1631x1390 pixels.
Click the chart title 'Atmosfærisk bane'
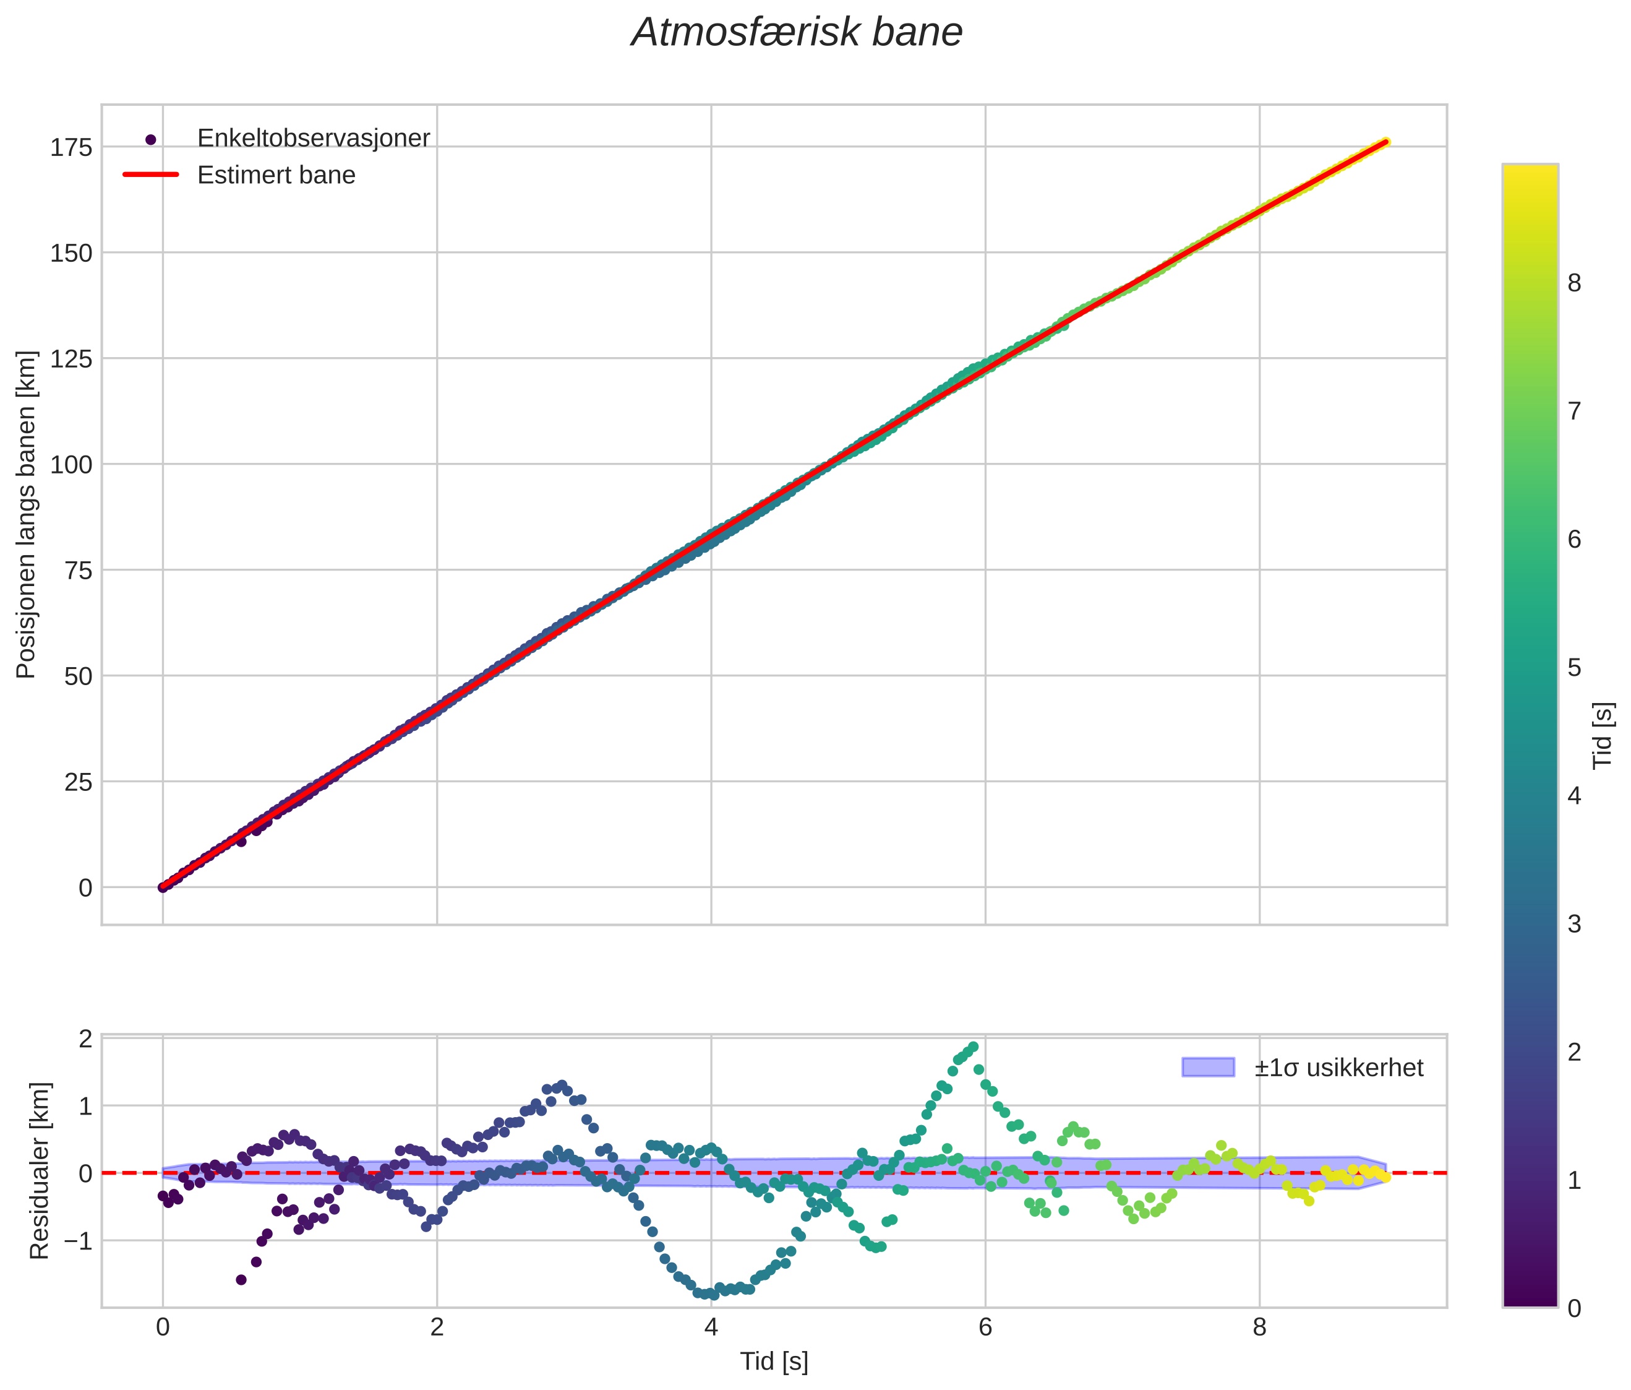coord(797,33)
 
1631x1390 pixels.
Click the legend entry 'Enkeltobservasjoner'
coord(314,139)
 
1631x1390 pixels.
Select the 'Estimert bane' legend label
coord(276,175)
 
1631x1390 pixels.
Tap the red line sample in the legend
coord(151,175)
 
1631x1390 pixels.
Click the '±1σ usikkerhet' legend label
coord(1339,1068)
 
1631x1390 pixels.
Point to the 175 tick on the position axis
coord(71,147)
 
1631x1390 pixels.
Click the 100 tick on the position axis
coord(71,465)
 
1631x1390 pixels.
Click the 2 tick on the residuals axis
coord(85,1038)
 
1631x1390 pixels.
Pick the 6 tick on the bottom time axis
coord(985,1327)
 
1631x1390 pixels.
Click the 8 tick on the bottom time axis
coord(1259,1327)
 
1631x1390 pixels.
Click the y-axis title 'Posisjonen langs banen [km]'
coord(26,514)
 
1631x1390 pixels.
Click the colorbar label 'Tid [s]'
coord(1603,736)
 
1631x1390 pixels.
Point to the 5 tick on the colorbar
coord(1574,668)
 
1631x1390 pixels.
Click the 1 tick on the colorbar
coord(1574,1181)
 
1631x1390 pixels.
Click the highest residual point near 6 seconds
coord(973,1047)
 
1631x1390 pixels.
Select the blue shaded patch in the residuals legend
coord(1207,1067)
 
